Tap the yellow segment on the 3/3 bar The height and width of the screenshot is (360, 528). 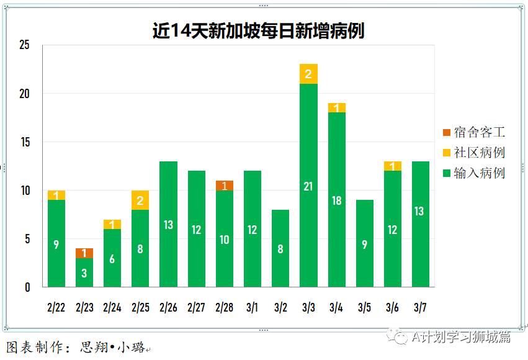(308, 74)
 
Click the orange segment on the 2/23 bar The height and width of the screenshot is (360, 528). (84, 253)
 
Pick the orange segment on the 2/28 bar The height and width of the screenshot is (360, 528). (225, 186)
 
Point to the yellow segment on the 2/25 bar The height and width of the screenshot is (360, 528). (140, 200)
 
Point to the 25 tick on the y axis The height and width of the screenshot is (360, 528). (25, 45)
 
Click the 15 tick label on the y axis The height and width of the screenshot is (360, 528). (25, 142)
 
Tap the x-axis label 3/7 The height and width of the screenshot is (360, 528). (420, 307)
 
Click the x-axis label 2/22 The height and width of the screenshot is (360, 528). (56, 307)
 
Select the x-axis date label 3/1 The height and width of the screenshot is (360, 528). (252, 307)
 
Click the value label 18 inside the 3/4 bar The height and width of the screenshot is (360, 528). (336, 200)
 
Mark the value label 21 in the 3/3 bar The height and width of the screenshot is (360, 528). (308, 186)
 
